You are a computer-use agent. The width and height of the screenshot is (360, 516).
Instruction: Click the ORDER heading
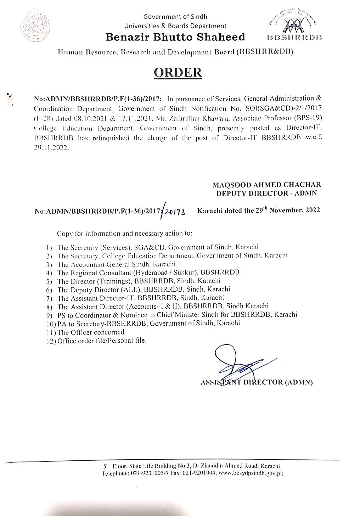[179, 72]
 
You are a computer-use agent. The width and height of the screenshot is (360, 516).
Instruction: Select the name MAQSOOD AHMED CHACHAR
[266, 185]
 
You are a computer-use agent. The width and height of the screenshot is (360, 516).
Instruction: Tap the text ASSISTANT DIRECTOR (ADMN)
[256, 382]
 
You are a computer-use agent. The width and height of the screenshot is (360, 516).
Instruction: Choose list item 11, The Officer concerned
[91, 332]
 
